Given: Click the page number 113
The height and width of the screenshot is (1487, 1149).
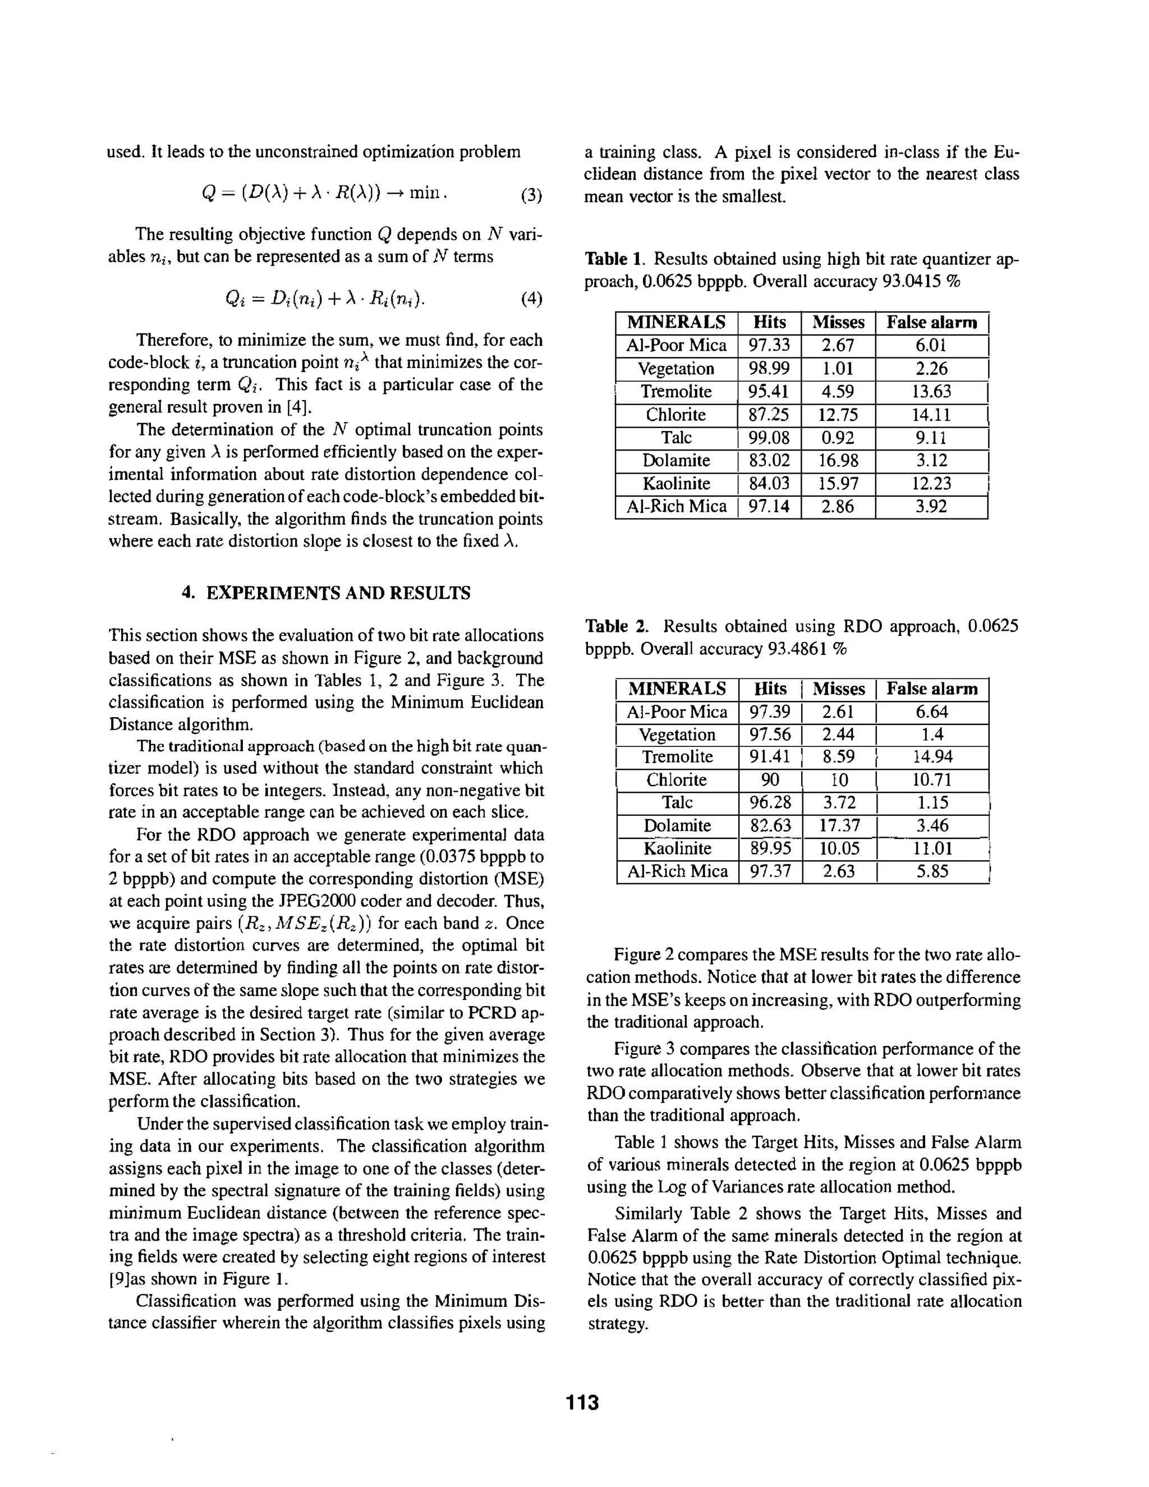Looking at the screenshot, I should [x=582, y=1403].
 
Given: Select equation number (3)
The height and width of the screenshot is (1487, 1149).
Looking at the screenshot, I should [x=531, y=196].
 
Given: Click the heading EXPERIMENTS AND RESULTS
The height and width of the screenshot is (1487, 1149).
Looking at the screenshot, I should [x=326, y=593].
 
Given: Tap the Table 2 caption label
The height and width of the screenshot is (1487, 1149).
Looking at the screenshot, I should [x=615, y=626].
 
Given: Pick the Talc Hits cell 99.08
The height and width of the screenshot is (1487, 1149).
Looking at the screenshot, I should [x=769, y=438].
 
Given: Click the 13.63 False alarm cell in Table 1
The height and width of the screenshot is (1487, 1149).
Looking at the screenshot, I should [x=931, y=392].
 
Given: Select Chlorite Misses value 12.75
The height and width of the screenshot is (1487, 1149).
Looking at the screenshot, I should [x=838, y=415].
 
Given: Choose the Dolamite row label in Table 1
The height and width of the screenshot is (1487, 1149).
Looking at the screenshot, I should [x=676, y=461].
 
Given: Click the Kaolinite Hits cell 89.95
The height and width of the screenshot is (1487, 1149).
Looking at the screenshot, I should [x=770, y=848].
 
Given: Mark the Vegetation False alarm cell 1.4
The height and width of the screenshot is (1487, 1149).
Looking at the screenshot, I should [x=932, y=734].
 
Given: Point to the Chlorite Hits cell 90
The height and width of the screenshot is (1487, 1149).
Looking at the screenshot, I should [x=770, y=779].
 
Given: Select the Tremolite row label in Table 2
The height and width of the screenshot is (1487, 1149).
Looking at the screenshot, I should [x=677, y=757].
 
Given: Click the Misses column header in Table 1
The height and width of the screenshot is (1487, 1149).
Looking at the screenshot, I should [x=838, y=322].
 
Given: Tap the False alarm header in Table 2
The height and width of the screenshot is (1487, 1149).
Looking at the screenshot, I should [x=932, y=689].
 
